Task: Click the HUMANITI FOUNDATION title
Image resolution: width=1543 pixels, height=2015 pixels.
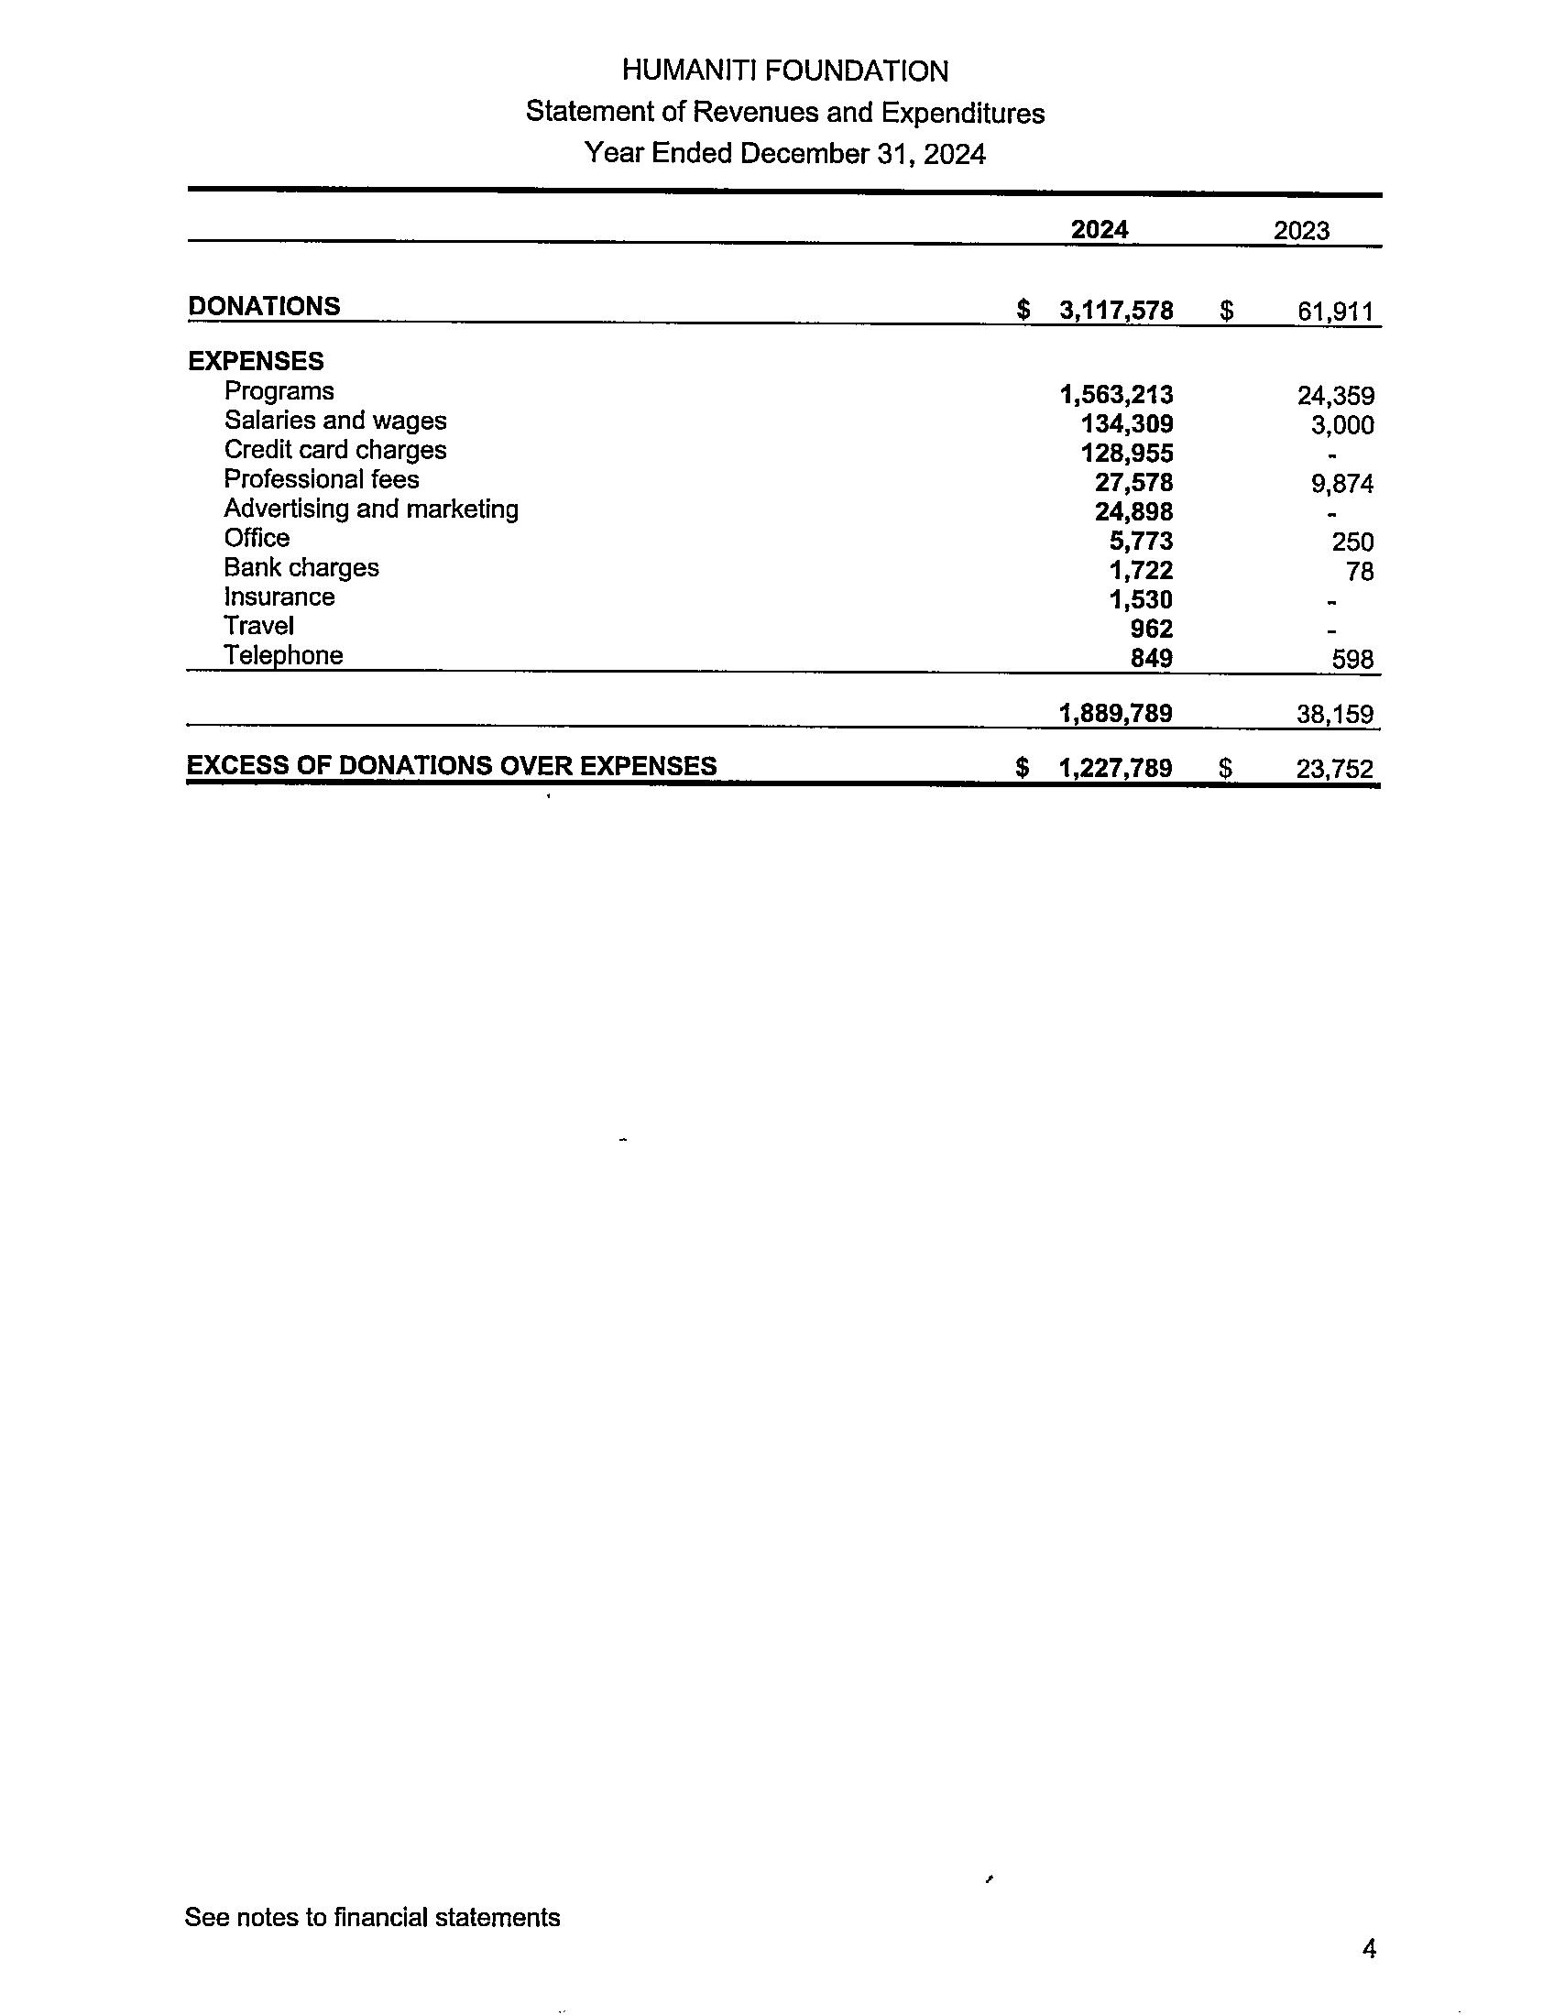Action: click(x=784, y=71)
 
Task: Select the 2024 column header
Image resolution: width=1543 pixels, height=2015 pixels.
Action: click(x=1099, y=229)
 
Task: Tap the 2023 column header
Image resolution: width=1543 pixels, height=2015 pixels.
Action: click(x=1300, y=231)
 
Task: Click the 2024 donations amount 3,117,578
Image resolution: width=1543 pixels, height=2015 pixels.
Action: click(x=1116, y=311)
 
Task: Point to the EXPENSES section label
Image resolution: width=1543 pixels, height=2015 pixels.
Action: click(x=256, y=361)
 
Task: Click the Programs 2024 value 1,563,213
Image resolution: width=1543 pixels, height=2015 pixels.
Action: click(x=1116, y=395)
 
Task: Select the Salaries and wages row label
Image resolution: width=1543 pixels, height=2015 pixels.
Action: click(x=335, y=421)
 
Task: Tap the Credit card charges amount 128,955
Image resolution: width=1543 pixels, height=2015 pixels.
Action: click(x=1127, y=454)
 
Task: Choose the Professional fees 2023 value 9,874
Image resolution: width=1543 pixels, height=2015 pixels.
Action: click(x=1341, y=484)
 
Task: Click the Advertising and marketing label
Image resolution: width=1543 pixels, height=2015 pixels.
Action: click(x=371, y=509)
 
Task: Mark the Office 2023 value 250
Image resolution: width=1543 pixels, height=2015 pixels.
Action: click(x=1352, y=542)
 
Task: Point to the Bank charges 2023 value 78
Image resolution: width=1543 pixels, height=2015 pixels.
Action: click(x=1360, y=572)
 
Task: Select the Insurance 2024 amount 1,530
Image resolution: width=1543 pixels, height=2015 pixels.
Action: click(x=1141, y=599)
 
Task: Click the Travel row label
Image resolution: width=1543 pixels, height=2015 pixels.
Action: click(x=258, y=627)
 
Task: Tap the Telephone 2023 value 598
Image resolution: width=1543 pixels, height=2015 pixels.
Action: click(x=1352, y=660)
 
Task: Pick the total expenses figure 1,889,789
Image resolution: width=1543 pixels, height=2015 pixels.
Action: click(x=1115, y=714)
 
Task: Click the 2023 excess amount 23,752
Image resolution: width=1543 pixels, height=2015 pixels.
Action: click(x=1334, y=769)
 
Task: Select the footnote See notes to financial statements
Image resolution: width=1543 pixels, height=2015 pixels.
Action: click(x=372, y=1917)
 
